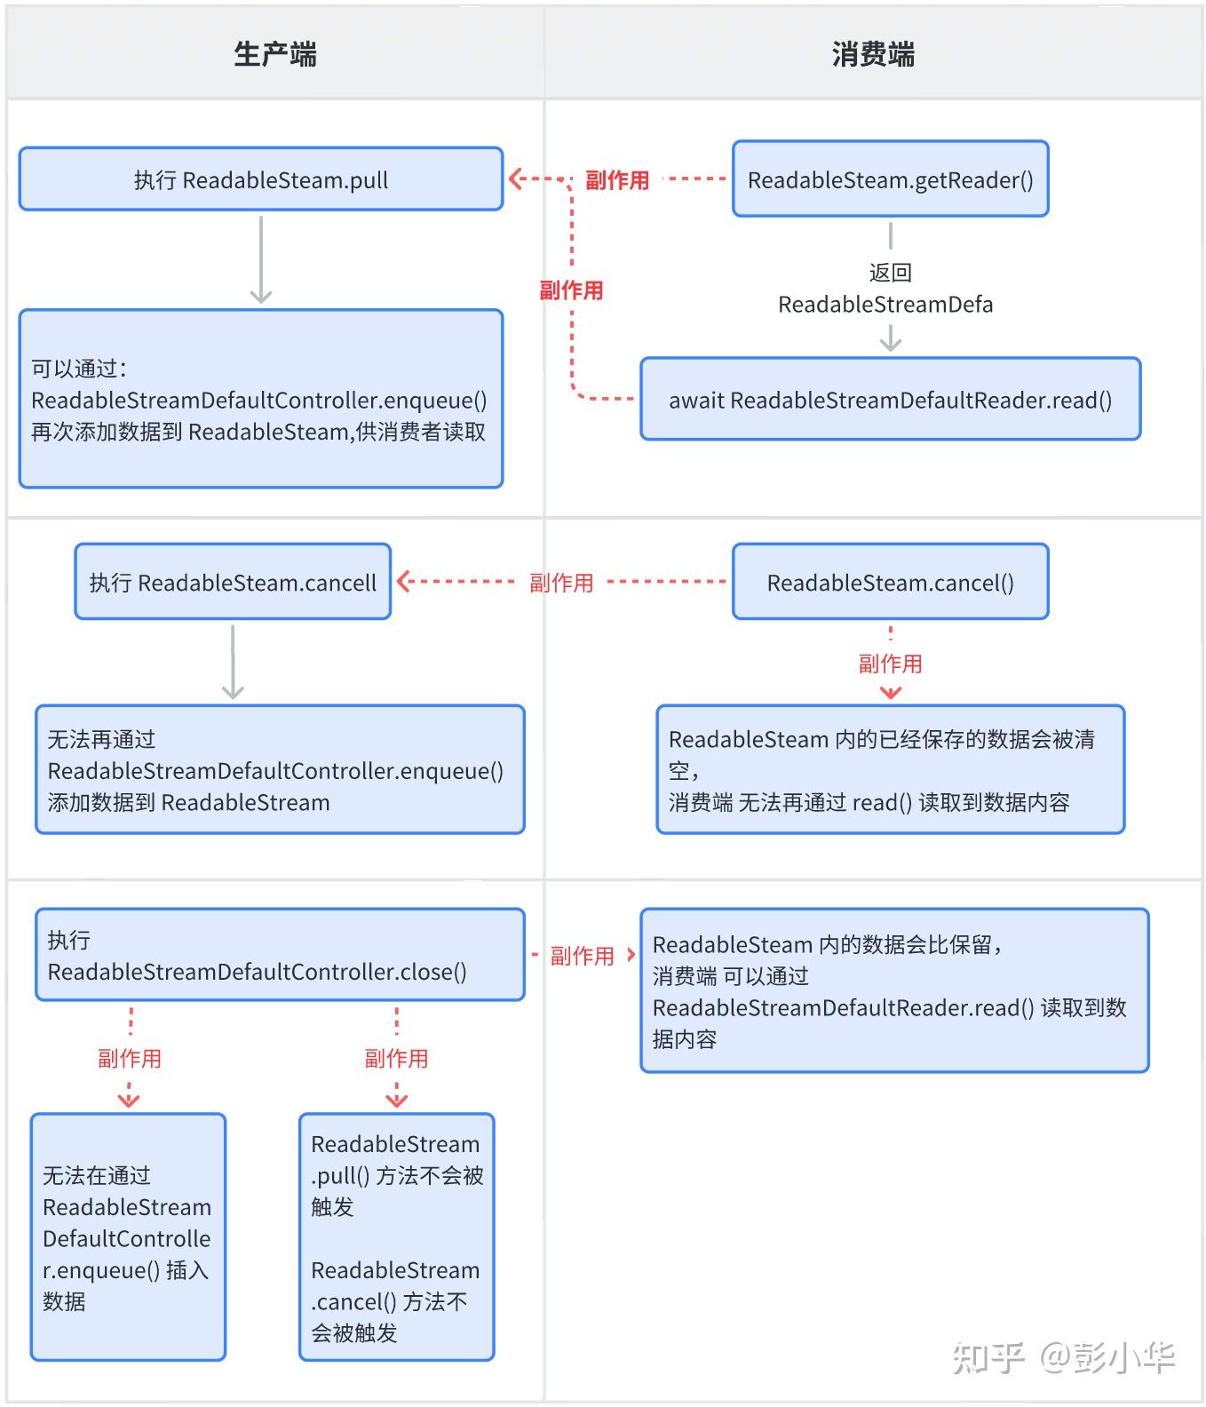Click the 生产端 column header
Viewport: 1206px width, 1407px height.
click(x=274, y=54)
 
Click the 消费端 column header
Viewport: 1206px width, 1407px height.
click(x=873, y=54)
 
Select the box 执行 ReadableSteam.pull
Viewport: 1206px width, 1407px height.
click(x=261, y=179)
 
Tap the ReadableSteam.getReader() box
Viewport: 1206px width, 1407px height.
click(x=890, y=179)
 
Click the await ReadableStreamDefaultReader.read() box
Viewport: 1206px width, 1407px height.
click(x=890, y=400)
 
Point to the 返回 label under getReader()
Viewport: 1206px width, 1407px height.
click(x=890, y=272)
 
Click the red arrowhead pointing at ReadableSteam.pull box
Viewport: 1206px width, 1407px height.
click(x=515, y=179)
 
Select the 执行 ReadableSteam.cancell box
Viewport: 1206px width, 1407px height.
click(x=233, y=583)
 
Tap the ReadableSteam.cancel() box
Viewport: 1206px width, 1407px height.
click(x=890, y=583)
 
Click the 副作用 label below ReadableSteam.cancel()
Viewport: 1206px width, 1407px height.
click(x=890, y=664)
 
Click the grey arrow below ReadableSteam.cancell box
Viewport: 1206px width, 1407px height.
click(x=233, y=663)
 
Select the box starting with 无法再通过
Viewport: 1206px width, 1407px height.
click(x=280, y=770)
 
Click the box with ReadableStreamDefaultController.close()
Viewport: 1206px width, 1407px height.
click(x=280, y=955)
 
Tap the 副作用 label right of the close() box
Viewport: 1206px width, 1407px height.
click(x=582, y=956)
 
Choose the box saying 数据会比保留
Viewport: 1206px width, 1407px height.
click(x=894, y=990)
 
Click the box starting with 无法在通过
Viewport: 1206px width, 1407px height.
click(x=128, y=1237)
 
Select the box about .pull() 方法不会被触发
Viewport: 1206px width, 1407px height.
click(x=396, y=1237)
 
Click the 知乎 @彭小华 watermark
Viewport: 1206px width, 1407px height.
click(x=1063, y=1357)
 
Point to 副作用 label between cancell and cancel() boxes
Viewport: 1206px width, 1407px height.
click(x=561, y=583)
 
